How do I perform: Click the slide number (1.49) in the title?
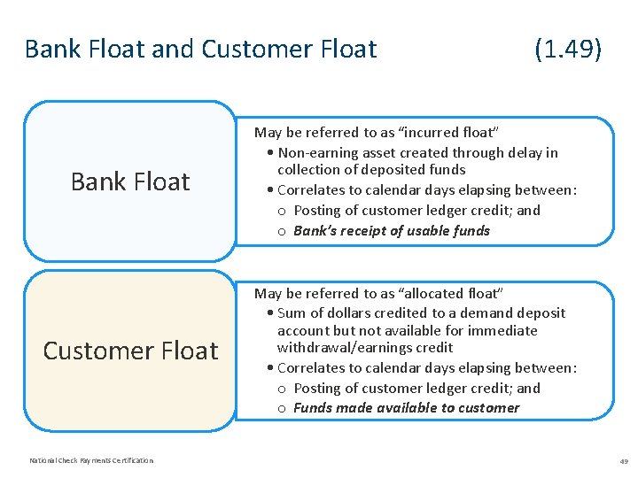568,50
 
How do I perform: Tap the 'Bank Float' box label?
130,181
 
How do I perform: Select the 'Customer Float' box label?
130,351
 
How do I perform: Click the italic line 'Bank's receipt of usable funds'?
391,231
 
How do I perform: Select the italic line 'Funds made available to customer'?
406,408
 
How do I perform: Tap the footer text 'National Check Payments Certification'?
91,460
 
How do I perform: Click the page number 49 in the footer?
624,461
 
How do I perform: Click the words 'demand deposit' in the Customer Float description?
517,312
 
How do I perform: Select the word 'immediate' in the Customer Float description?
507,330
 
